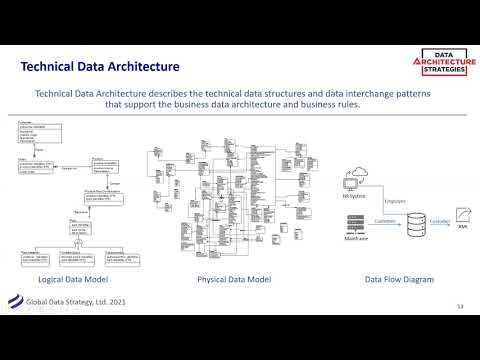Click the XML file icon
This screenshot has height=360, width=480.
[x=463, y=214]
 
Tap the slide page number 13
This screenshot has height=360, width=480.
[x=460, y=304]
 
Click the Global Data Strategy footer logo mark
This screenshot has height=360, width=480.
[x=15, y=303]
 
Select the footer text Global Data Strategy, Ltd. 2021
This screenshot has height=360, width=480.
[x=69, y=301]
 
